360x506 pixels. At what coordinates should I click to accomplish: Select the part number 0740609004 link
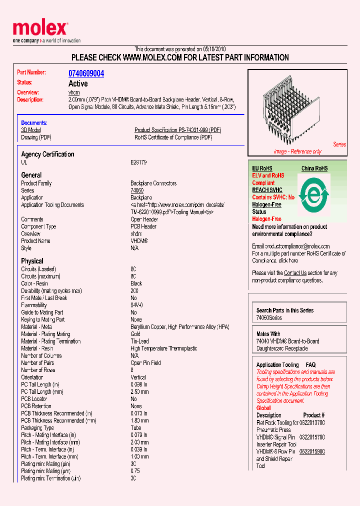point(86,73)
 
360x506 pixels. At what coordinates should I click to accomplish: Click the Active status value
point(78,83)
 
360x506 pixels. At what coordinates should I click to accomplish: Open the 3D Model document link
point(30,130)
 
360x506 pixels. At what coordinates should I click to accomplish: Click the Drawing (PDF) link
point(36,137)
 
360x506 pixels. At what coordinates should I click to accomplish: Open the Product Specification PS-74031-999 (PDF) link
point(177,130)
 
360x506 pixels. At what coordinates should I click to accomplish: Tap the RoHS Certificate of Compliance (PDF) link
point(173,137)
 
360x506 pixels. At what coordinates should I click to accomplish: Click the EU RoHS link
point(262,168)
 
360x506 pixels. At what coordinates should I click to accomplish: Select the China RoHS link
point(314,168)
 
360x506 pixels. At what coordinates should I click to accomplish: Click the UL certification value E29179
point(138,162)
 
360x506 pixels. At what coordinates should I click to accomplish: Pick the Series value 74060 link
point(137,190)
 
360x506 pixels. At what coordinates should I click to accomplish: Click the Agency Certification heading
point(47,154)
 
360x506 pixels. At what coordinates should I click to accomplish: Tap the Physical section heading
point(32,261)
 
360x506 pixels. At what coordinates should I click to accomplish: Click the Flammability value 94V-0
point(137,305)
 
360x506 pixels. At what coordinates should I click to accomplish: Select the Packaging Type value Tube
point(136,428)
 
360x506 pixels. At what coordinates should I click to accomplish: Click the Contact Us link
point(295,273)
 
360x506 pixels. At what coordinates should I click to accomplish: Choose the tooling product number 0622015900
point(312,451)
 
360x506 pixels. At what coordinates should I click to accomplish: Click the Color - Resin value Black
point(136,283)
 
